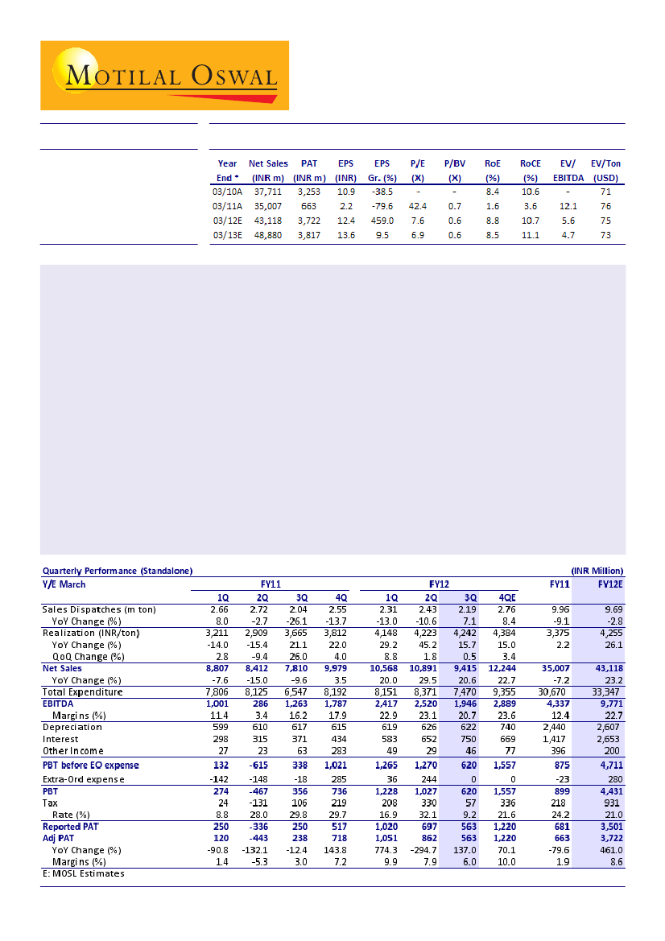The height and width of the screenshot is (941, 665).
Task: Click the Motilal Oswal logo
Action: click(x=165, y=74)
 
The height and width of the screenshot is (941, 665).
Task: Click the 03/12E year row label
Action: click(x=227, y=221)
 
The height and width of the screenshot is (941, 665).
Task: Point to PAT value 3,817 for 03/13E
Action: click(x=309, y=235)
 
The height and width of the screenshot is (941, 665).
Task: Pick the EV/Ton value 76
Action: click(x=605, y=206)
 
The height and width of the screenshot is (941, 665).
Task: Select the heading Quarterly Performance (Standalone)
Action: click(x=118, y=571)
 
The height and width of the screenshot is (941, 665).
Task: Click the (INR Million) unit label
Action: click(x=598, y=571)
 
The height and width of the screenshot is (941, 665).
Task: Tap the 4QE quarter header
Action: click(x=507, y=598)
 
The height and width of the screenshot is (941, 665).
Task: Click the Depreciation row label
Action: click(x=72, y=727)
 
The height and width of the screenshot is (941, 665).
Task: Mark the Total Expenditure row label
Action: click(x=82, y=691)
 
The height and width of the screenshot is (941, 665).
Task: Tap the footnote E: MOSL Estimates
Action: click(x=83, y=873)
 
